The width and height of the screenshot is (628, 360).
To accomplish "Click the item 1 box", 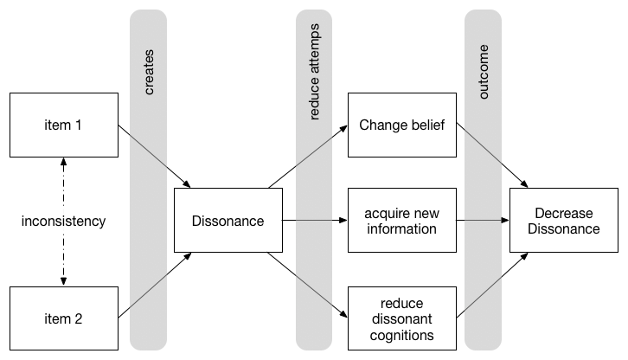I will (62, 126).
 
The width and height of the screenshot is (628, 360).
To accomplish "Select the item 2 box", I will (62, 318).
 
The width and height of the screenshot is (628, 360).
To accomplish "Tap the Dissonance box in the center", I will (227, 222).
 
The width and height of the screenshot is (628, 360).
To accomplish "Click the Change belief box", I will (401, 126).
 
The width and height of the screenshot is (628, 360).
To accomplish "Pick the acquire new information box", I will (401, 222).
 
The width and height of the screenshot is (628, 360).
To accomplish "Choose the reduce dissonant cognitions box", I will (401, 318).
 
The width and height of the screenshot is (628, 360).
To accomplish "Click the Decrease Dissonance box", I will (567, 222).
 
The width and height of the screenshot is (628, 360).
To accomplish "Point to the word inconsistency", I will (63, 222).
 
